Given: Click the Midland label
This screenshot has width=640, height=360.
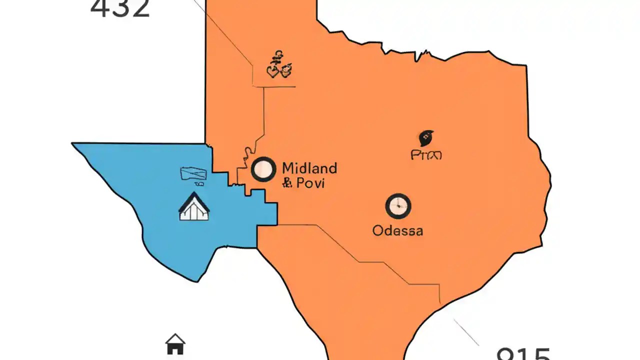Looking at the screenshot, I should click(x=309, y=167).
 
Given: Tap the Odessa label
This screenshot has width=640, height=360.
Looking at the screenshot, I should click(x=398, y=230).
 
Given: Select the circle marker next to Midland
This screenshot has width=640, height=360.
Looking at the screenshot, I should click(x=263, y=169).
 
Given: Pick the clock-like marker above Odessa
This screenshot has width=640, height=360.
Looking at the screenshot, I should click(x=398, y=206).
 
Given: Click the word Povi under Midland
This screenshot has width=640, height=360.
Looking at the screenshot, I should click(x=310, y=183).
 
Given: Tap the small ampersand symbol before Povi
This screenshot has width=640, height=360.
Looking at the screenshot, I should click(x=287, y=183).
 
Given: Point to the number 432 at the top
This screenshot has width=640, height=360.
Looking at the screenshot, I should click(x=120, y=8).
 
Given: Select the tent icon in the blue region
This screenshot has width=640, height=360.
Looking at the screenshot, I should click(x=194, y=207).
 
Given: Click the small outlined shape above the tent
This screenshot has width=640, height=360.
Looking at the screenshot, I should click(x=193, y=174).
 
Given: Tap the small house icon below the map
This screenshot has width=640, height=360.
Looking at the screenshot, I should click(x=175, y=344).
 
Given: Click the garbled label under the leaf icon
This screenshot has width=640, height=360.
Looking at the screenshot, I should click(x=426, y=155).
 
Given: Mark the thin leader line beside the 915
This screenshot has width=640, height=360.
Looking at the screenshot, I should click(x=466, y=332).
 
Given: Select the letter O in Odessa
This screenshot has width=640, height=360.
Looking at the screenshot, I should click(x=379, y=230).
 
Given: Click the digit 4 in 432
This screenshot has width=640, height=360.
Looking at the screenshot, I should click(x=99, y=8).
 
